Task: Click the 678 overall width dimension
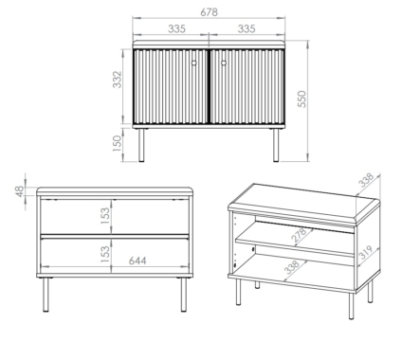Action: tap(209, 12)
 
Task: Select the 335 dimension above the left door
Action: tap(176, 28)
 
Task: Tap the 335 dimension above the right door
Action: tap(247, 28)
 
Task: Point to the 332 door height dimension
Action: tap(117, 80)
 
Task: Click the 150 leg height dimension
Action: tap(117, 143)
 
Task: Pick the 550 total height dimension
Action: tap(302, 99)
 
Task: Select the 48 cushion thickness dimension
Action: tap(20, 191)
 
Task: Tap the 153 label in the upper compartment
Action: tap(105, 216)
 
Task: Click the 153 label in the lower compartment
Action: tap(105, 254)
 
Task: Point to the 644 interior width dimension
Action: tap(137, 261)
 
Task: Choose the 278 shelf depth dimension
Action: tap(299, 235)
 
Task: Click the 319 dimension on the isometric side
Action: tap(367, 252)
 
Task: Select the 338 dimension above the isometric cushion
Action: tap(366, 180)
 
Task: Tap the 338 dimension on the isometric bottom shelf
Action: tap(291, 267)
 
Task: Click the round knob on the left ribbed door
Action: tap(194, 63)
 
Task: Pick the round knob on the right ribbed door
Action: tap(224, 63)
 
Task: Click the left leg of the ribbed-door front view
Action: tap(141, 145)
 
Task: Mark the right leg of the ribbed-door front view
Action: tap(276, 145)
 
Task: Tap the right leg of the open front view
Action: tap(184, 295)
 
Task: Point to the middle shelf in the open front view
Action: tap(115, 236)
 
